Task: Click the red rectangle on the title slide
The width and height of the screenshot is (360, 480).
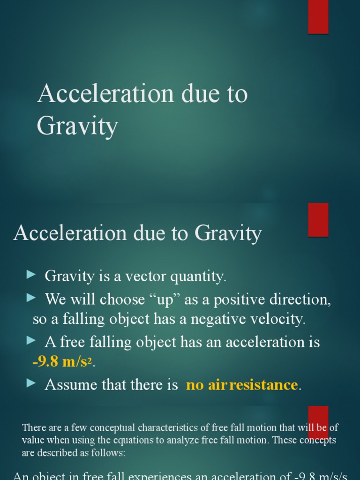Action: click(x=318, y=16)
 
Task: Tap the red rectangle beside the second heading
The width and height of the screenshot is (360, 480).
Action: click(x=318, y=219)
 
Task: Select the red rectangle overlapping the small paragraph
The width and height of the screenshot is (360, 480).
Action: click(x=318, y=422)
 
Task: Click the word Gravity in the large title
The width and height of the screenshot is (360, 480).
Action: click(x=77, y=126)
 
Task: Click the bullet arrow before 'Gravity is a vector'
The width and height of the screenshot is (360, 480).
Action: click(x=31, y=275)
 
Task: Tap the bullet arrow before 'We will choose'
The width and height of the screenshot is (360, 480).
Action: click(x=31, y=298)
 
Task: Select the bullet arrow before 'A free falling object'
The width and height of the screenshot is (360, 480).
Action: click(x=31, y=340)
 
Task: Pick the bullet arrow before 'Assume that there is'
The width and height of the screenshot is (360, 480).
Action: click(x=31, y=383)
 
